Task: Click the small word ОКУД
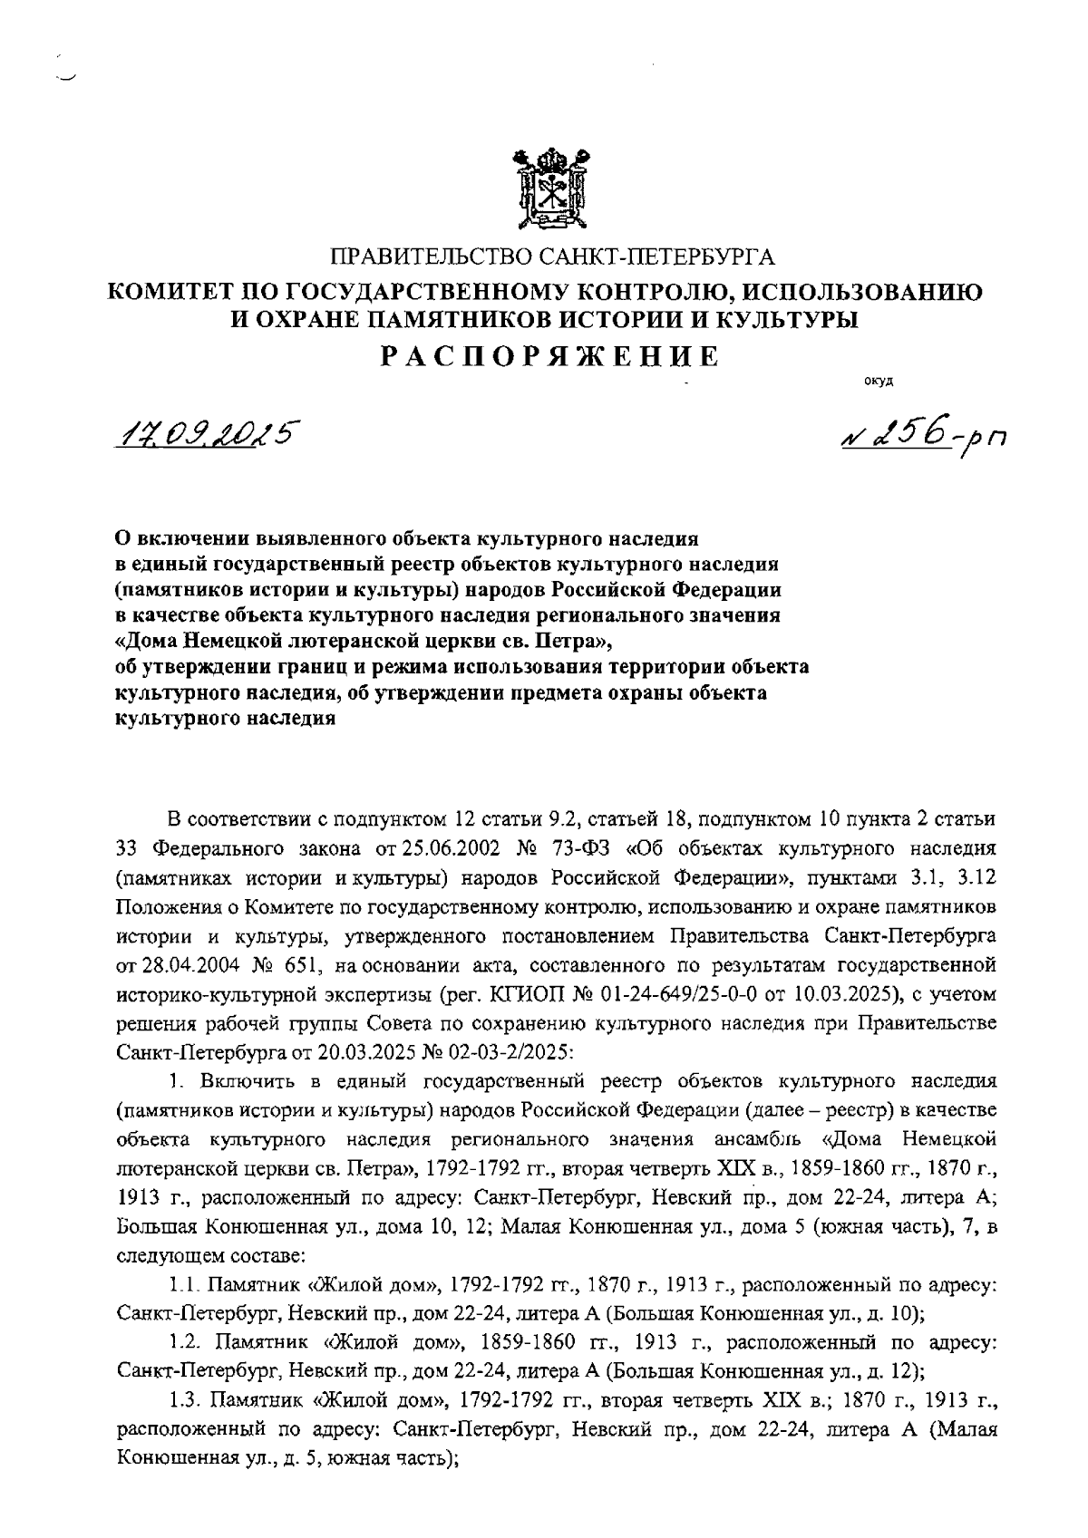879,381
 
